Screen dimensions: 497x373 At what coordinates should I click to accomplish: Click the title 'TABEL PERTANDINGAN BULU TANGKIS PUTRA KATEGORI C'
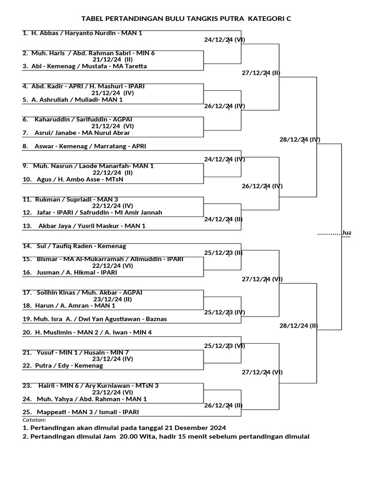pos(186,18)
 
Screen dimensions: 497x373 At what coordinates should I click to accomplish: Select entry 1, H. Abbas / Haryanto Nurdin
pos(82,33)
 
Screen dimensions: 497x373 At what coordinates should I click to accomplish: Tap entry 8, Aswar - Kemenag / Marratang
pos(91,146)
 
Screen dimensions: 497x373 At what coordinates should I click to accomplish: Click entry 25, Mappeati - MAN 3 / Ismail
pos(81,412)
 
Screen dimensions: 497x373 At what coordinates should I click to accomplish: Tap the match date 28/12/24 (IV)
pos(300,139)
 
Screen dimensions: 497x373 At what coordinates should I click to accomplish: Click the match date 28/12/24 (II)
pos(300,325)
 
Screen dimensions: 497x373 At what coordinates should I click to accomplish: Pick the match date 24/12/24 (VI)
pos(224,40)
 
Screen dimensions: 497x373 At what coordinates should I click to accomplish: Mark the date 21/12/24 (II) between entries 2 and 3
pos(112,60)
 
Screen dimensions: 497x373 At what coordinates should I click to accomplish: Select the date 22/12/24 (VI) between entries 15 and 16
pos(113,266)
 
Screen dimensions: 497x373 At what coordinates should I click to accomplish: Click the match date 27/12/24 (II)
pos(261,73)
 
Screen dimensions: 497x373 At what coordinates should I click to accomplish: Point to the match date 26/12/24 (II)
pos(224,405)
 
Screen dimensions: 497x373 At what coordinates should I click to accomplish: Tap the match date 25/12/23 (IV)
pos(224,312)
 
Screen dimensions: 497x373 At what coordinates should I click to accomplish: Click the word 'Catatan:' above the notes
pos(34,420)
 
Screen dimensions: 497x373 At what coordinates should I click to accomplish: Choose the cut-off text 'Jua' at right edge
pos(346,233)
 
